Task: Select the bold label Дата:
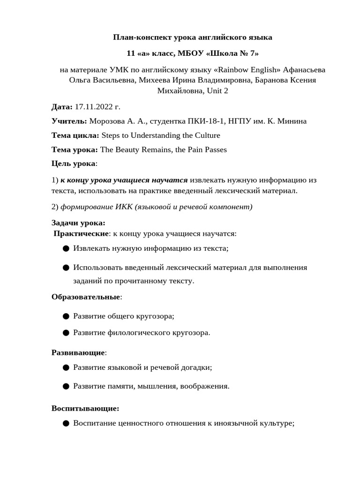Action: (x=62, y=107)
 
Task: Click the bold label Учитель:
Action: (x=69, y=121)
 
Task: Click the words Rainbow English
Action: (x=249, y=70)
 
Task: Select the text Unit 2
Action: (x=216, y=90)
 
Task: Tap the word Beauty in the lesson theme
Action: (x=130, y=150)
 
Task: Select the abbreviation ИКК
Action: (x=124, y=207)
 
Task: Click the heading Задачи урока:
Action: (x=78, y=223)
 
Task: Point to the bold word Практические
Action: (x=81, y=233)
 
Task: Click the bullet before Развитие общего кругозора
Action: (x=66, y=316)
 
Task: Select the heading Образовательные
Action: (x=86, y=297)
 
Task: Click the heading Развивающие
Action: (x=78, y=352)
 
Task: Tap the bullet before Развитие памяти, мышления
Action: (x=66, y=386)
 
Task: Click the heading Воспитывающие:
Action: (x=85, y=408)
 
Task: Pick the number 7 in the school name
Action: (x=253, y=53)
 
